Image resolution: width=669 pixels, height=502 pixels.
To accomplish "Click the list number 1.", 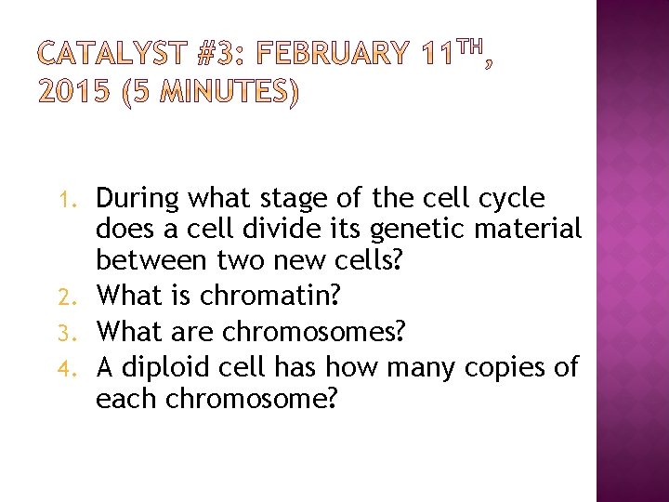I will click(x=79, y=200).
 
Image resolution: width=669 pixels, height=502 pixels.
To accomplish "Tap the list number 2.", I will click(x=79, y=297).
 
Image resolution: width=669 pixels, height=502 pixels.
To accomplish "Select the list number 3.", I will click(x=79, y=332).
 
